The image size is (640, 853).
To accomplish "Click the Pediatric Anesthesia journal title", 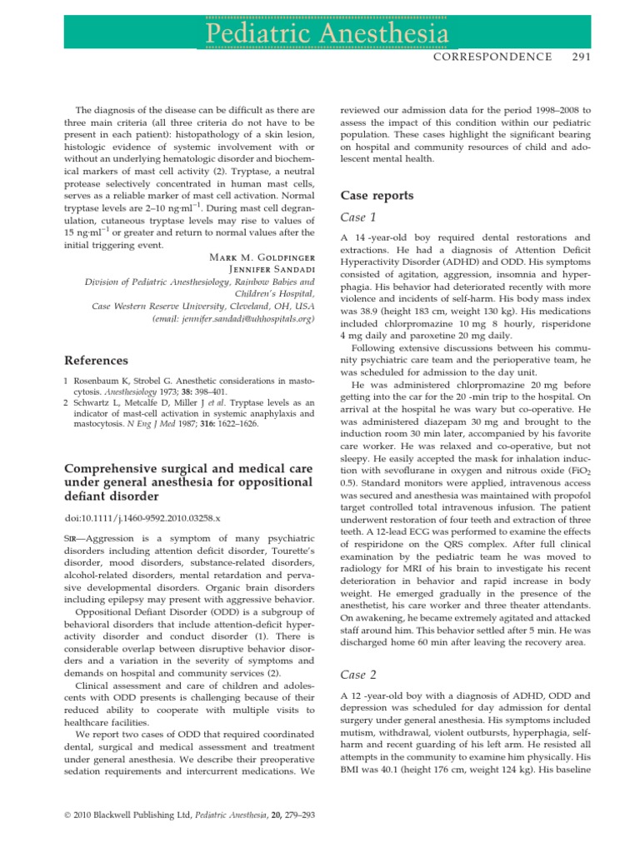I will [319, 33].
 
